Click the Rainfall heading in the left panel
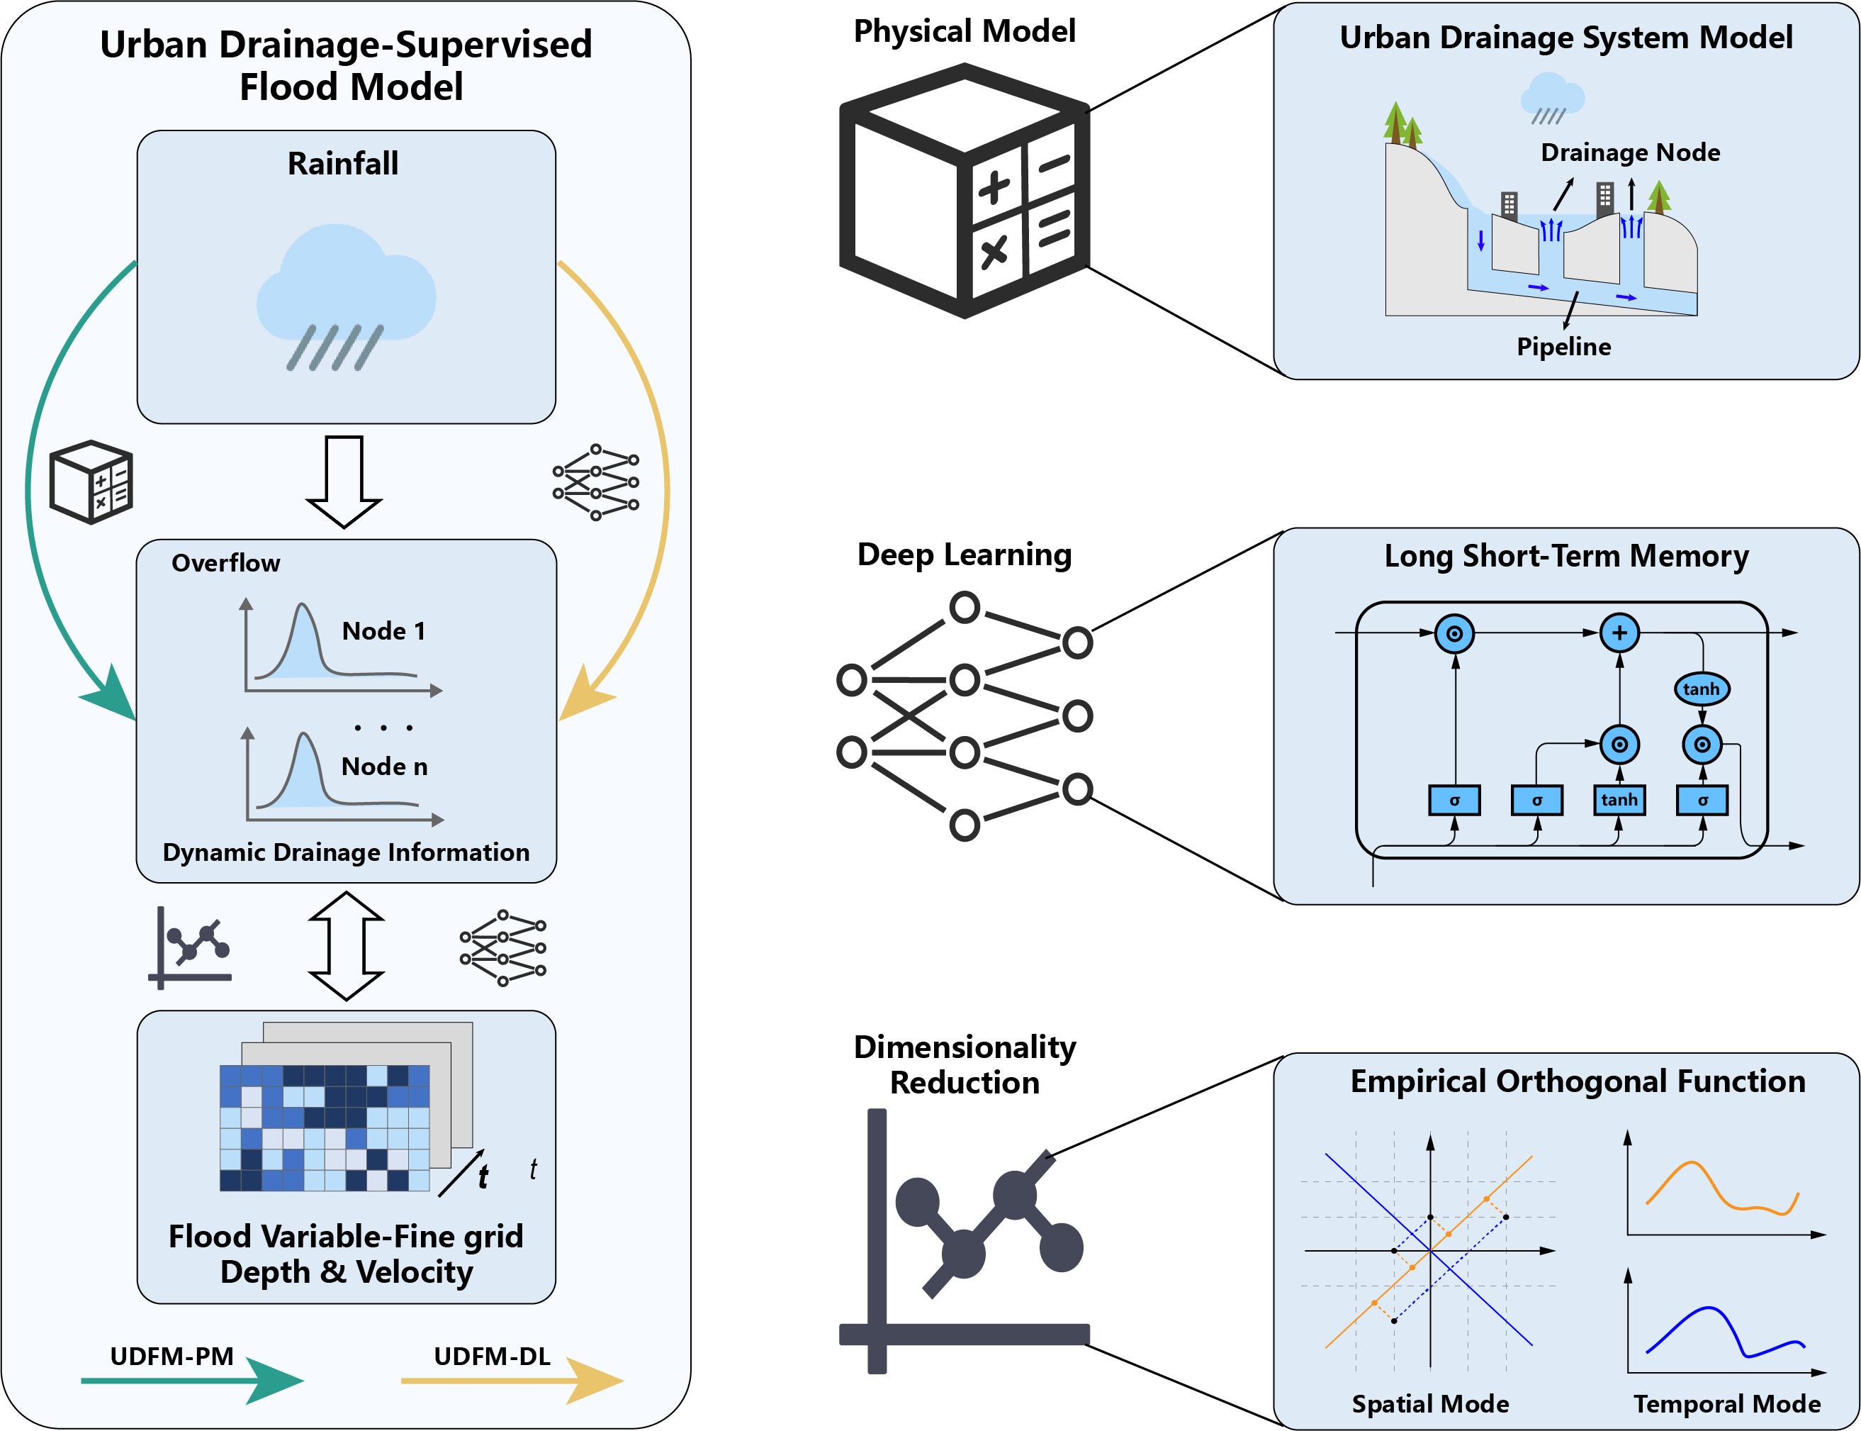(x=342, y=164)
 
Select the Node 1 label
(x=383, y=631)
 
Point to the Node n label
(x=384, y=767)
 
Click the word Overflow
(x=225, y=563)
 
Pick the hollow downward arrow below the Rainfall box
(x=344, y=481)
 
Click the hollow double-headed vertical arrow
(x=347, y=945)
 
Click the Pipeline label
(x=1564, y=347)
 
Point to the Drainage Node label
(x=1630, y=152)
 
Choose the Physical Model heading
(x=965, y=31)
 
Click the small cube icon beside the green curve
(x=91, y=481)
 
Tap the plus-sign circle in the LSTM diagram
(x=1619, y=633)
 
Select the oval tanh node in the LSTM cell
(x=1702, y=689)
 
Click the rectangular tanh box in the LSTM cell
(x=1619, y=800)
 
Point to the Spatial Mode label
(x=1430, y=1404)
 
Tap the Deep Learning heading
(x=965, y=555)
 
